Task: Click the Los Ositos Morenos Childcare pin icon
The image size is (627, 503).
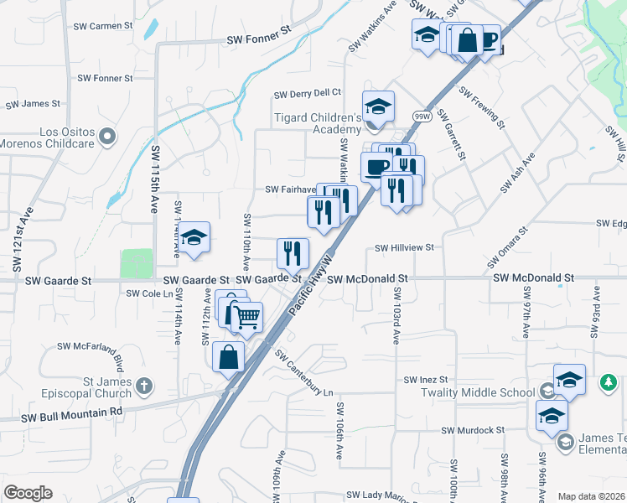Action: pyautogui.click(x=106, y=136)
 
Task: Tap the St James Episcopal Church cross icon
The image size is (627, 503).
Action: pyautogui.click(x=144, y=386)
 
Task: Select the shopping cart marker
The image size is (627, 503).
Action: pyautogui.click(x=246, y=317)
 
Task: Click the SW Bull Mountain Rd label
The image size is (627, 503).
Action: pyautogui.click(x=72, y=412)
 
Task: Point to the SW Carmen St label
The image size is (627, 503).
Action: pyautogui.click(x=103, y=26)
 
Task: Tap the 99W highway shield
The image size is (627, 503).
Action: pyautogui.click(x=421, y=116)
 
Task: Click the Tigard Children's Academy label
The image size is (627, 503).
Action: pyautogui.click(x=318, y=123)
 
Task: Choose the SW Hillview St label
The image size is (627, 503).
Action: pyautogui.click(x=404, y=248)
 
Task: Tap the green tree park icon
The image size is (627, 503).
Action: pyautogui.click(x=609, y=383)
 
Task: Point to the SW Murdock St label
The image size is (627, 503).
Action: pyautogui.click(x=473, y=430)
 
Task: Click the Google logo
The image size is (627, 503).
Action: pyautogui.click(x=28, y=493)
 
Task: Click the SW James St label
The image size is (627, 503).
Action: pyautogui.click(x=33, y=104)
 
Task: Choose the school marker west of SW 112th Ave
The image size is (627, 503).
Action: pyautogui.click(x=194, y=238)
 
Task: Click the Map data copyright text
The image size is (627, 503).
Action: pyautogui.click(x=590, y=496)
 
